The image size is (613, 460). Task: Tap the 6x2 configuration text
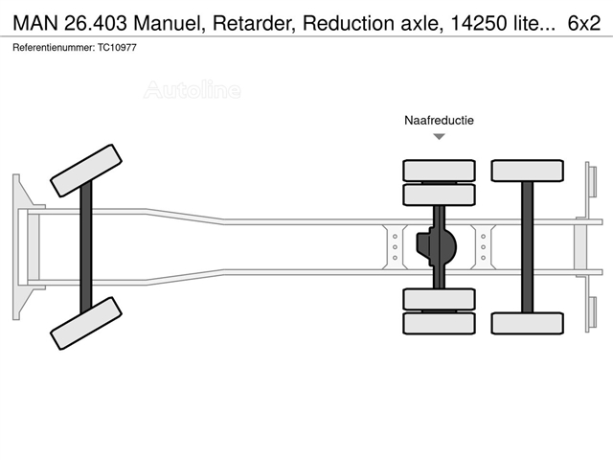(x=584, y=23)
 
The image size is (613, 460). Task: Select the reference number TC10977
(x=117, y=48)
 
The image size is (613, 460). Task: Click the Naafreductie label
(x=439, y=120)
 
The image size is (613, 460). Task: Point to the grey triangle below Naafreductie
(x=440, y=136)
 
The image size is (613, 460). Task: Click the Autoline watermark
(x=193, y=89)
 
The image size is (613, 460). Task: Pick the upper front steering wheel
(x=86, y=171)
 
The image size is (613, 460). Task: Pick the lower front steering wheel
(x=86, y=323)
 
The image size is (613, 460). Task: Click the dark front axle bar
(x=86, y=247)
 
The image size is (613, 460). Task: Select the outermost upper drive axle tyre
(x=439, y=171)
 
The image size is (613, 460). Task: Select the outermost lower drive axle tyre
(x=439, y=323)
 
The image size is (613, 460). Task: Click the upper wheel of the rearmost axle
(x=528, y=171)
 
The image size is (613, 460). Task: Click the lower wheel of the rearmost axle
(x=528, y=323)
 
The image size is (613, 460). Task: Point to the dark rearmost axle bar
(x=528, y=247)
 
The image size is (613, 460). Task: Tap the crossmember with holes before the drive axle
(x=395, y=247)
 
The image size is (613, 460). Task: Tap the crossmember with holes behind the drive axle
(x=483, y=247)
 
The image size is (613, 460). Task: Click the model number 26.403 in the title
(x=96, y=23)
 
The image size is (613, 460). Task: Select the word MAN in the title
(x=35, y=23)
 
